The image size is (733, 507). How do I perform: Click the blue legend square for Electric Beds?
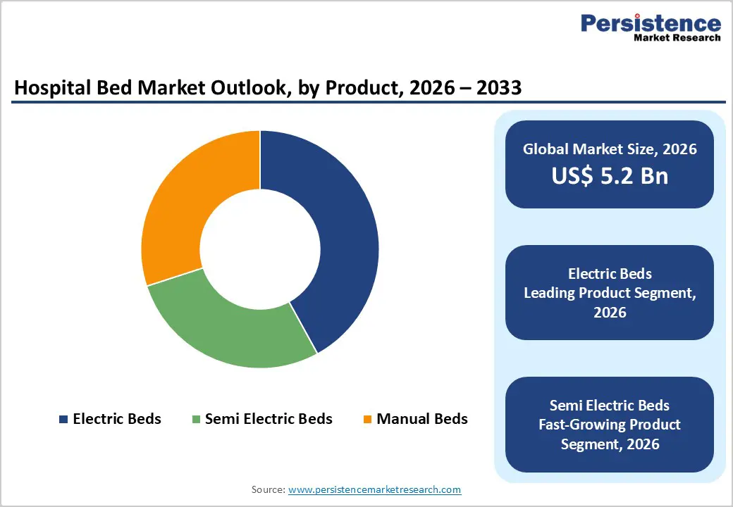tap(63, 419)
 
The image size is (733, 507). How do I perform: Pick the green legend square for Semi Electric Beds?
tap(195, 419)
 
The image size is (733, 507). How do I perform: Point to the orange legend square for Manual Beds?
tap(366, 419)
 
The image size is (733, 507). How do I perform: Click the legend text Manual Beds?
tap(421, 419)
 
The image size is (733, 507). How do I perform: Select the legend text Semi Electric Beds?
tap(268, 419)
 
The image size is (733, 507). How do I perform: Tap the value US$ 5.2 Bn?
tap(609, 175)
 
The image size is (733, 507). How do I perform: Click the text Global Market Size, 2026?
tap(609, 149)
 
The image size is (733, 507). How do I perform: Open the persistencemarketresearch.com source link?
tap(374, 489)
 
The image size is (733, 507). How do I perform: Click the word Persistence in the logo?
tap(651, 24)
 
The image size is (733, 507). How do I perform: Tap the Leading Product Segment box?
tap(609, 292)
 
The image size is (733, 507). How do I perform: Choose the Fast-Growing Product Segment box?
tap(609, 424)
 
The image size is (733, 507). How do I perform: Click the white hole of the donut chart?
tap(260, 249)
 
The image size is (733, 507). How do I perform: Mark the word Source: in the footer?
tap(269, 489)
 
